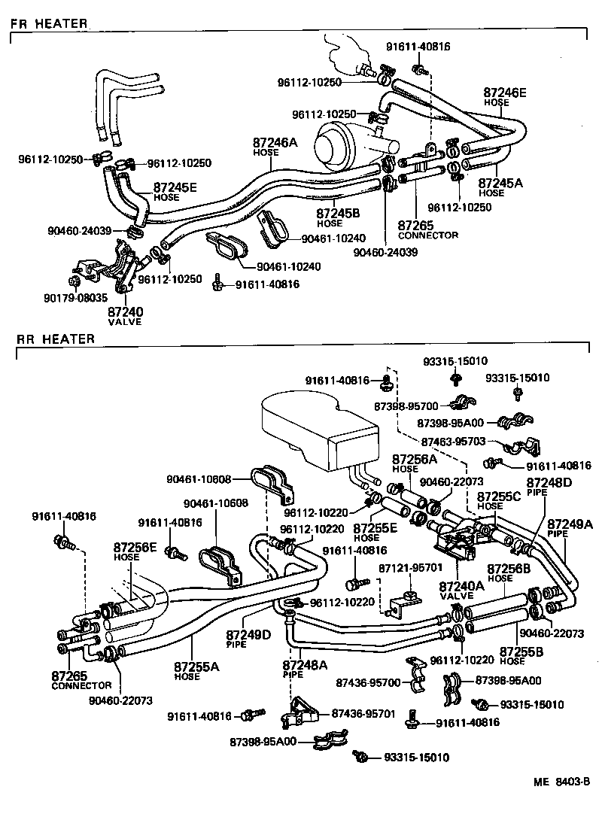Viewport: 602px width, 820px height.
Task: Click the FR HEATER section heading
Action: click(49, 23)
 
